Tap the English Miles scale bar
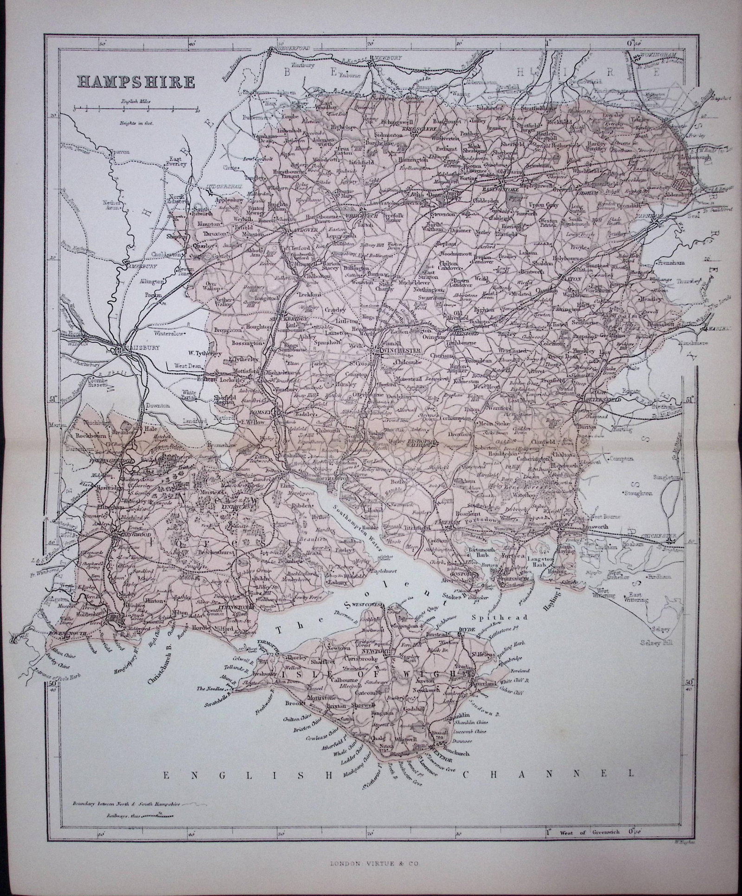[135, 111]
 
